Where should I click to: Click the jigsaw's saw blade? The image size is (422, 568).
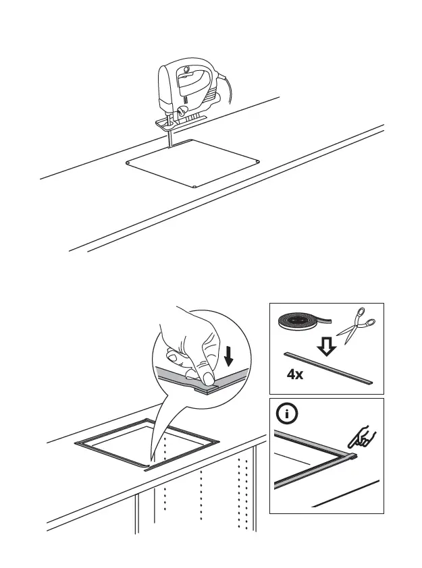pos(169,140)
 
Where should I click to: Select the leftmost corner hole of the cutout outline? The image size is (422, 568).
pos(128,163)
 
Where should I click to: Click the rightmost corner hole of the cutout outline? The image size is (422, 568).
pos(259,161)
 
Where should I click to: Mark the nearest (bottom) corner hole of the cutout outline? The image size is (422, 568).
pos(194,186)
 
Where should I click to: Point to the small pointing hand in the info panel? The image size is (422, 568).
pos(362,438)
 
